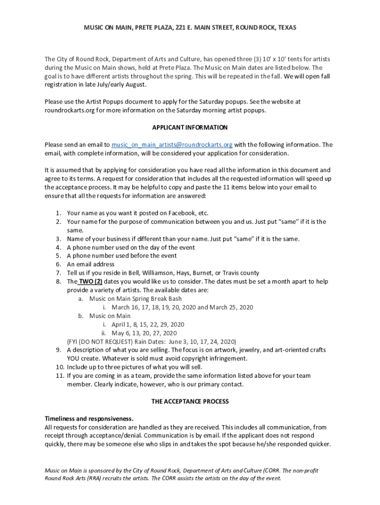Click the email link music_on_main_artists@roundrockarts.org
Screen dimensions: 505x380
point(172,145)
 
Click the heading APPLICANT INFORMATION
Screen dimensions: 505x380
point(190,128)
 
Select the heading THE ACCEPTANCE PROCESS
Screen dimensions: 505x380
point(190,402)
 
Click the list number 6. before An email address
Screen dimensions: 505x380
point(58,264)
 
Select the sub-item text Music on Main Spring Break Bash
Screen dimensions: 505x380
point(135,299)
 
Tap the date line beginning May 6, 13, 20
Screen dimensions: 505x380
point(144,333)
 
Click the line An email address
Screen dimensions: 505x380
point(91,264)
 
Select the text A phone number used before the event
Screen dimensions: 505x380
point(122,256)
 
